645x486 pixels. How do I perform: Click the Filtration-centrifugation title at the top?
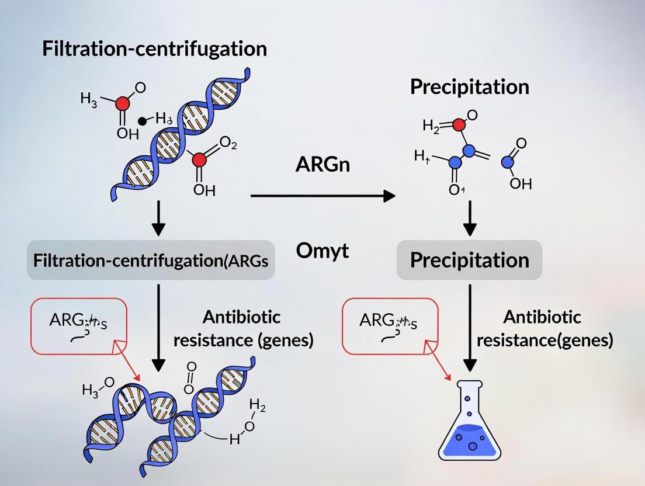tap(154, 48)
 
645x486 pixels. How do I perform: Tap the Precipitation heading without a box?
tap(469, 87)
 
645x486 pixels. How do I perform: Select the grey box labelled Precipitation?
tap(469, 260)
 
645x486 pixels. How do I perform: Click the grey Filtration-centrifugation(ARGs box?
tap(151, 261)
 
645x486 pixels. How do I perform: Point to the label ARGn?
tap(322, 164)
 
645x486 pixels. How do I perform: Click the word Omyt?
tap(322, 251)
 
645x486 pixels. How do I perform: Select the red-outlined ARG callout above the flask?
tap(390, 326)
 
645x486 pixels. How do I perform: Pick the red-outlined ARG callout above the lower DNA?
tap(78, 326)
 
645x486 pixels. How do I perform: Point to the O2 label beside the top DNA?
tap(228, 144)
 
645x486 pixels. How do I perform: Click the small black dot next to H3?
tap(142, 121)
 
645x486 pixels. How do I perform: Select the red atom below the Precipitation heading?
tap(459, 124)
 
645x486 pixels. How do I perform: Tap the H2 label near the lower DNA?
tap(256, 404)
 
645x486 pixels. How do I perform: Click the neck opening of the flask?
tap(470, 383)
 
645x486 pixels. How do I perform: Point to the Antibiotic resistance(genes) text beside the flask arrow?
tap(545, 328)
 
